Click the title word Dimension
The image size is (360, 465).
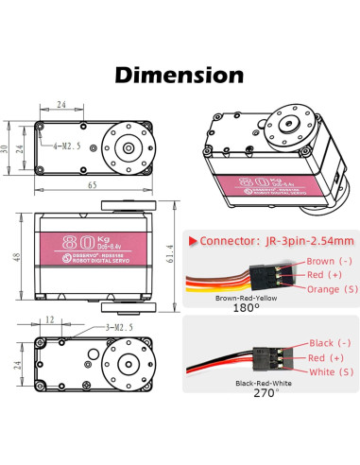(x=180, y=74)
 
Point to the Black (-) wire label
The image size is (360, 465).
(x=323, y=345)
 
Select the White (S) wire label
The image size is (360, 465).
(x=323, y=372)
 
